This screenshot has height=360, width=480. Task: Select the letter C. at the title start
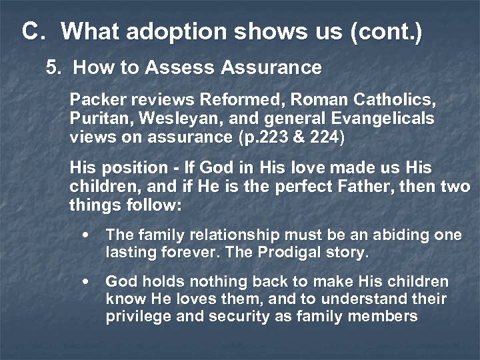point(34,31)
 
